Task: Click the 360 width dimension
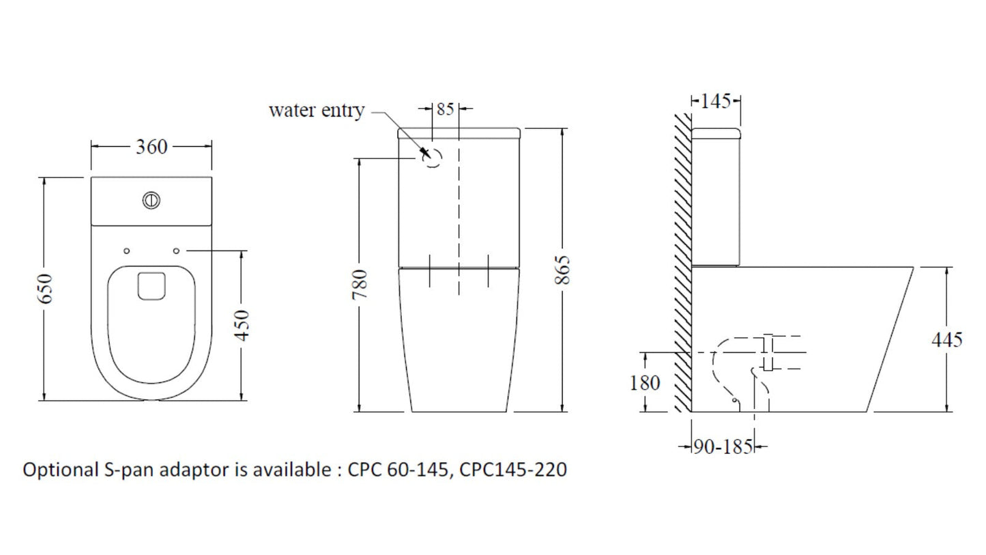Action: [151, 146]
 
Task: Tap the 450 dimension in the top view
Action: [242, 326]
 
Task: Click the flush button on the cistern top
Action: [151, 201]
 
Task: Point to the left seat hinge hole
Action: [126, 251]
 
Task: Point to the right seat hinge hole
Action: [177, 251]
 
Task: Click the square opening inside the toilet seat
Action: [151, 286]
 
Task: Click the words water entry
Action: [316, 111]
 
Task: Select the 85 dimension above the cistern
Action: [445, 109]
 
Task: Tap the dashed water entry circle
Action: [433, 158]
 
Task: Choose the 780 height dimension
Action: [360, 284]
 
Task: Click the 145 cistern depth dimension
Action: [715, 102]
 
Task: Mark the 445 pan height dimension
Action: [946, 339]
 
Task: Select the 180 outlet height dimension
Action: [645, 383]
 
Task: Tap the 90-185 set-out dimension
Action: [723, 447]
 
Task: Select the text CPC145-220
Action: [513, 470]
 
